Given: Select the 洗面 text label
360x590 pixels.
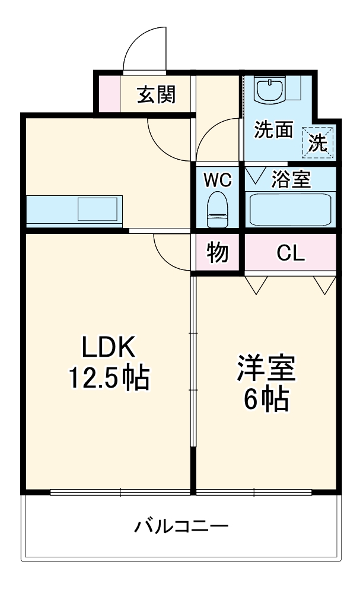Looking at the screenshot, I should click(x=274, y=130).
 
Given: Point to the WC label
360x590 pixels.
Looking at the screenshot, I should click(x=218, y=180).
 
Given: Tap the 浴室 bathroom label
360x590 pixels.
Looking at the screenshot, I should click(x=291, y=180).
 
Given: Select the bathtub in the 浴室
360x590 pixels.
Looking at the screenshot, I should click(x=290, y=210).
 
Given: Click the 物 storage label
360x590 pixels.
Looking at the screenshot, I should click(x=218, y=253).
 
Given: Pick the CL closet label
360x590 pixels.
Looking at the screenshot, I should click(x=291, y=253).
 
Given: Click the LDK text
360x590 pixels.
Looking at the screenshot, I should click(x=109, y=347).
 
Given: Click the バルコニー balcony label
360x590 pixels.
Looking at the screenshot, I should click(x=181, y=526).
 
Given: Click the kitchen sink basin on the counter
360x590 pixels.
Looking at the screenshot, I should click(x=98, y=210).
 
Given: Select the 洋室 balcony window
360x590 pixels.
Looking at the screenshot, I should click(x=254, y=492).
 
